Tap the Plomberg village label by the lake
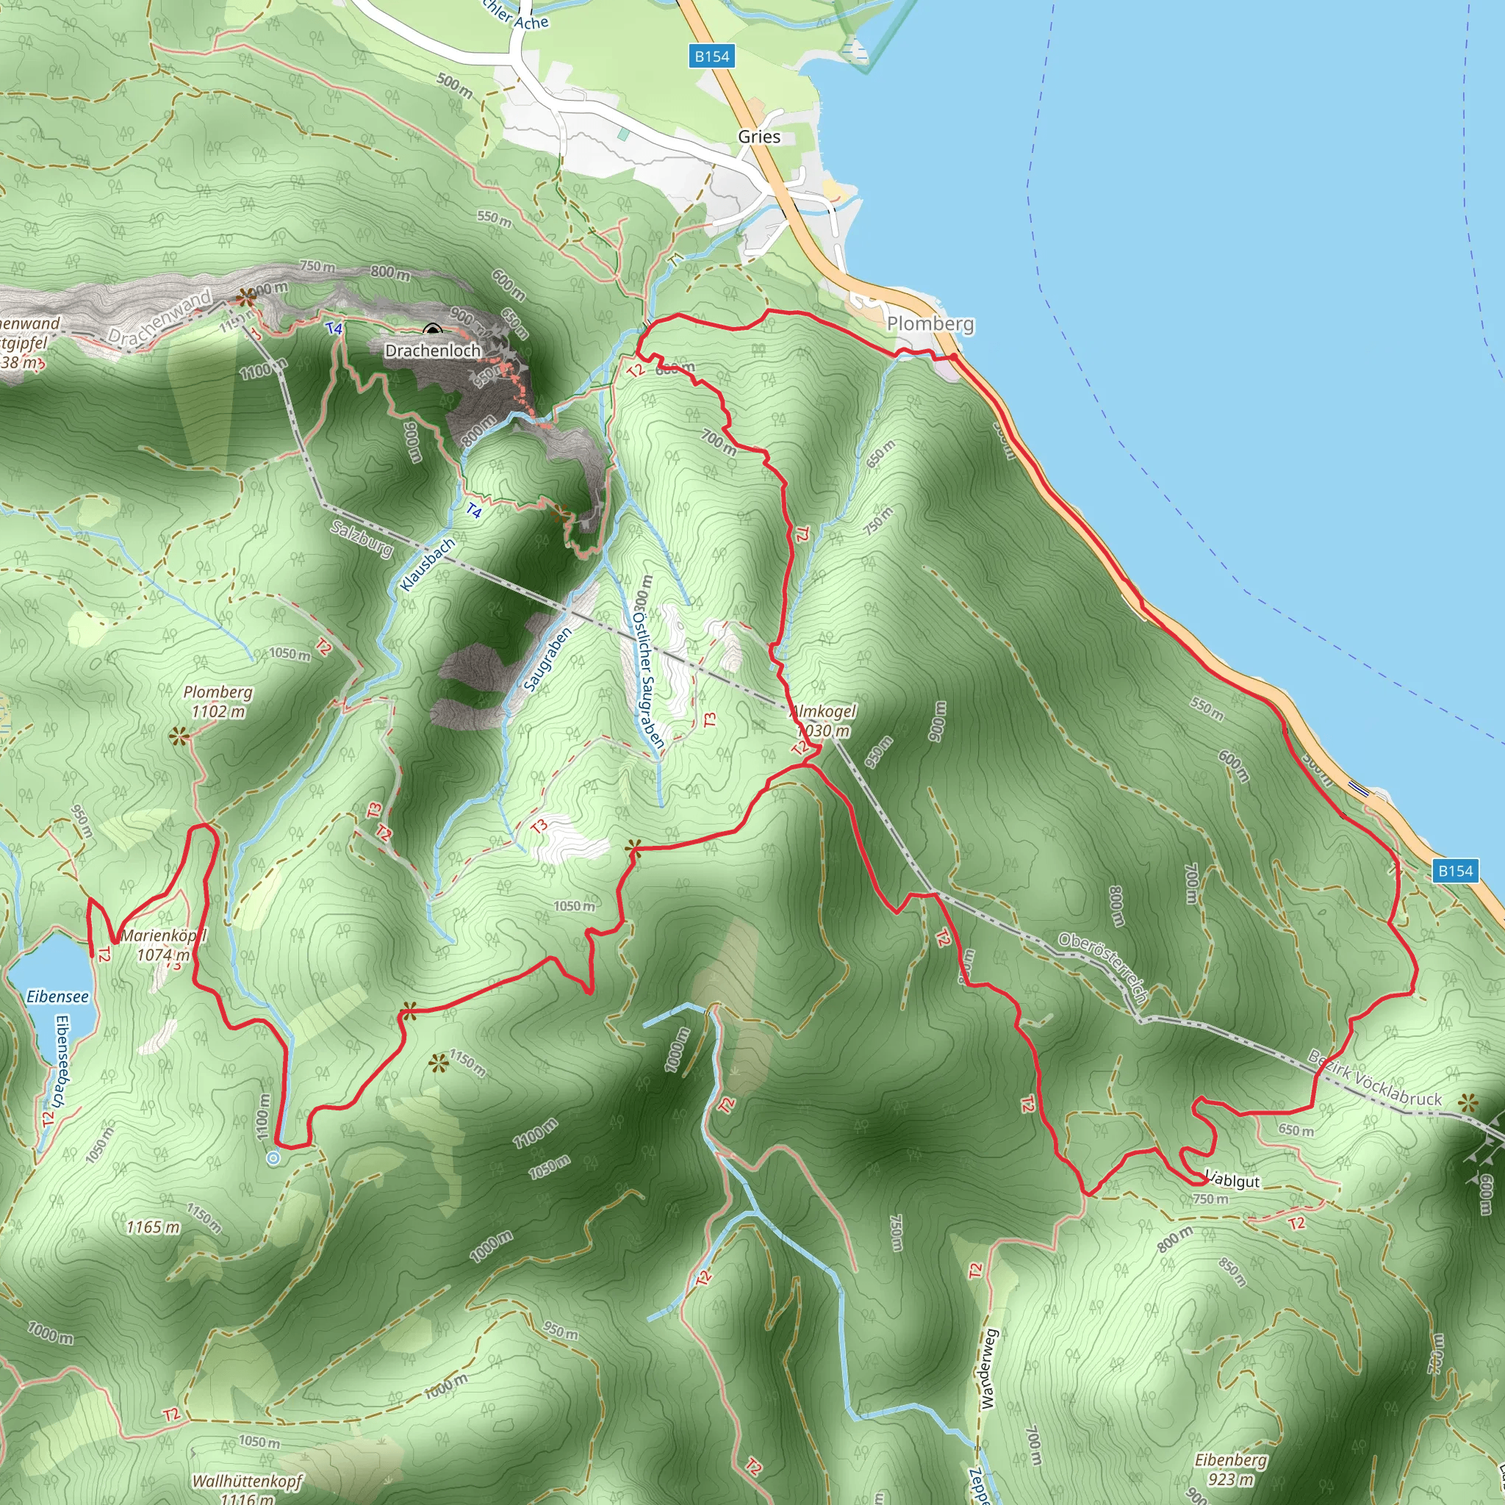(x=930, y=324)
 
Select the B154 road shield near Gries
(x=712, y=56)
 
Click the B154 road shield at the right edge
(x=1455, y=871)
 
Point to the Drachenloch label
(x=433, y=351)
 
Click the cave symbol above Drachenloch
(x=433, y=330)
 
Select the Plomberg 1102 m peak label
(x=218, y=701)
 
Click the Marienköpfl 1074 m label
(x=164, y=945)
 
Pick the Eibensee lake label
(x=57, y=996)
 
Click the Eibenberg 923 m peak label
(x=1231, y=1469)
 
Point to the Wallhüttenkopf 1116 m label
(x=247, y=1489)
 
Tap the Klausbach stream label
(x=427, y=564)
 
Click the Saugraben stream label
(x=547, y=659)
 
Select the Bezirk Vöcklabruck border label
(x=1375, y=1079)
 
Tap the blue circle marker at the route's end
(x=273, y=1158)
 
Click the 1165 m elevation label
(x=154, y=1227)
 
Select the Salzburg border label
(x=362, y=538)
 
